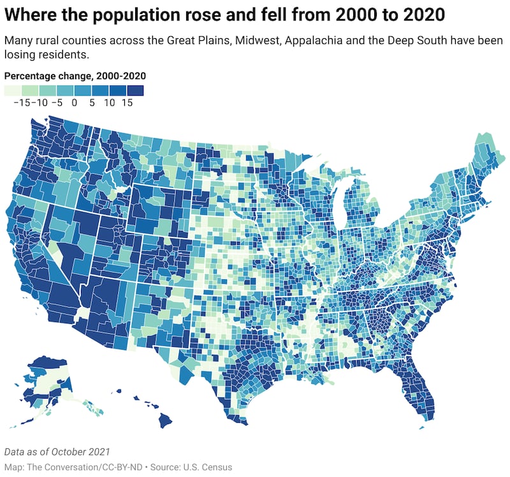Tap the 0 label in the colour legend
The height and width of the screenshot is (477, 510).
(75, 102)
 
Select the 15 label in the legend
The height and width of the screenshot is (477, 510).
(127, 102)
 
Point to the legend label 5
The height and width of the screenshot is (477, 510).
(92, 102)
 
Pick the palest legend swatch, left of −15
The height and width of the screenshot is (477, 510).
(13, 91)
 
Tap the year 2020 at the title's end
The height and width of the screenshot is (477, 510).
(416, 14)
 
